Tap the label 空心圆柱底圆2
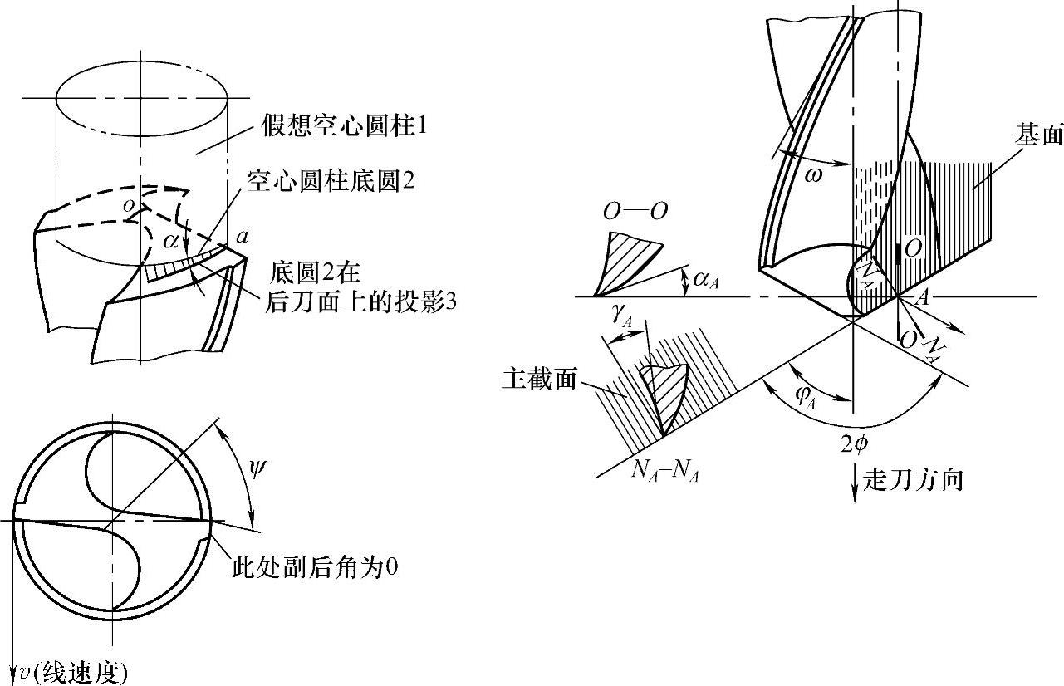[330, 182]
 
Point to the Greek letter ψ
[258, 471]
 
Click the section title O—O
[635, 211]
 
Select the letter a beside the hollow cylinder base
[243, 236]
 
